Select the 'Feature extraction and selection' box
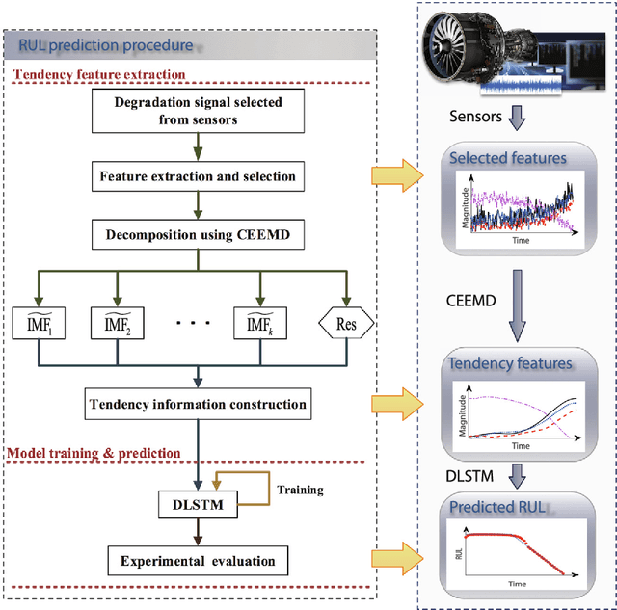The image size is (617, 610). (x=197, y=176)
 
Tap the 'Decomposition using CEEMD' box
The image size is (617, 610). (x=197, y=232)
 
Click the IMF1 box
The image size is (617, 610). (x=40, y=325)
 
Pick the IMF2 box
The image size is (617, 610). (x=117, y=325)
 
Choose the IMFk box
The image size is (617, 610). (x=261, y=325)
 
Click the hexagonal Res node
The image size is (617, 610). (x=345, y=325)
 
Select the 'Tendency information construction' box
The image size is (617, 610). (x=197, y=404)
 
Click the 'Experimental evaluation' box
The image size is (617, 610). (x=197, y=560)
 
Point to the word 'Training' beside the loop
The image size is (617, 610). (x=300, y=490)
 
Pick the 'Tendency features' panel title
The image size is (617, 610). (x=508, y=364)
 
